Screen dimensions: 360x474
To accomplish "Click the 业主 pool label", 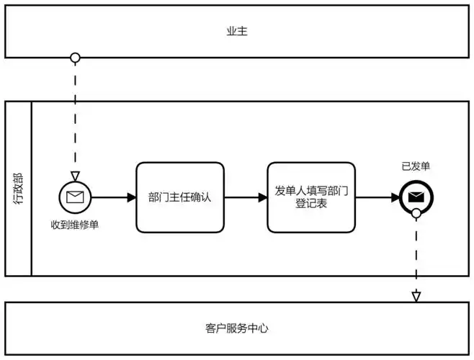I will coord(236,32).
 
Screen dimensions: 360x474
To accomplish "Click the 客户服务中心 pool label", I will coord(236,328).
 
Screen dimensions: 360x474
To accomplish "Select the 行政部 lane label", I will coord(18,189).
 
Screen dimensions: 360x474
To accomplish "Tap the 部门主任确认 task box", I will coord(180,197).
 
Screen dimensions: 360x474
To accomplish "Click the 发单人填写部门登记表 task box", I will coord(311,197).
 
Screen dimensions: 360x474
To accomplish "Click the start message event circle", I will coord(75,197).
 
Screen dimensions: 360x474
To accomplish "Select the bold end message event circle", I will coord(416,197).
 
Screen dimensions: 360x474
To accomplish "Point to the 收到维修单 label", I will coord(75,225).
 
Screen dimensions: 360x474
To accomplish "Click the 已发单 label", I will coord(416,166).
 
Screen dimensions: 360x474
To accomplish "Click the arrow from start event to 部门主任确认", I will coord(112,197).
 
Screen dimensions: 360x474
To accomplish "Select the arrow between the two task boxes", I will coord(245,197).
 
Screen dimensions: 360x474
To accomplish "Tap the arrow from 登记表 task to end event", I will coord(376,197).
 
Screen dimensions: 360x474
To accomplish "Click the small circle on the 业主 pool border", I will coord(75,58).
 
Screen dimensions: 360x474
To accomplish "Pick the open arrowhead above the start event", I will coord(75,176).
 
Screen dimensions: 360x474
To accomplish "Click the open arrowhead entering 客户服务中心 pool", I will coord(416,296).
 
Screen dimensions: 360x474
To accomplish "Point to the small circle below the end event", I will coord(416,213).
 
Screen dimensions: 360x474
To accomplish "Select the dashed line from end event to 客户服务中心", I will coord(416,252).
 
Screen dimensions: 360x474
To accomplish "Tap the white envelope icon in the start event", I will coord(75,197).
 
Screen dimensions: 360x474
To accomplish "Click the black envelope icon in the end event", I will coord(416,197).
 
